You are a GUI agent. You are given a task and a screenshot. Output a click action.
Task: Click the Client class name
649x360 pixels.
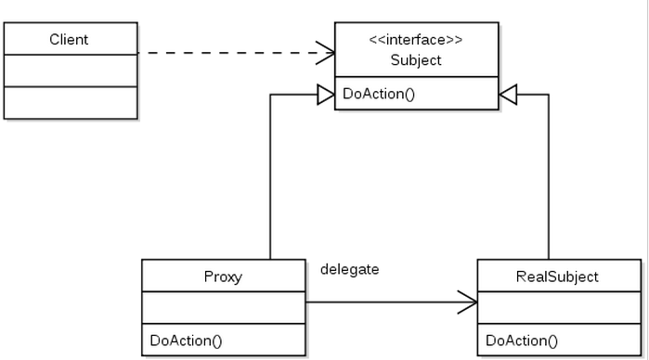(70, 40)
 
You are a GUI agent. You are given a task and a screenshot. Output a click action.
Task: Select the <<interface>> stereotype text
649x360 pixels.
(416, 40)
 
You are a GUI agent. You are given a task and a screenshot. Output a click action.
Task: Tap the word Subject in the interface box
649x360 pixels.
(416, 60)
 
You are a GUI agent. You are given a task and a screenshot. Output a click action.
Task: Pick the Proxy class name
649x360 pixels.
(223, 276)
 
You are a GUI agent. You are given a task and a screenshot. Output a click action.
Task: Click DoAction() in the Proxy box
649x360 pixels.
(186, 340)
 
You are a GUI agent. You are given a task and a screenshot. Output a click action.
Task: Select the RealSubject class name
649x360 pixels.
(557, 276)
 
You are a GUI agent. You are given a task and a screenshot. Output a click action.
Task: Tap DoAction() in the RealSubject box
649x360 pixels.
(522, 340)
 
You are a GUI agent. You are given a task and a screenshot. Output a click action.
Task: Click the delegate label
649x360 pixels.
(349, 269)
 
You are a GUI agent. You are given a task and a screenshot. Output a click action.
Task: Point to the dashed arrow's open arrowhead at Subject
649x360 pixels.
(327, 52)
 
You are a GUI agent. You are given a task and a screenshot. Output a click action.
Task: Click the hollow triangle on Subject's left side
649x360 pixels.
(325, 94)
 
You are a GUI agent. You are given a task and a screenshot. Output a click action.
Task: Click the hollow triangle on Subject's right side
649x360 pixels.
(508, 94)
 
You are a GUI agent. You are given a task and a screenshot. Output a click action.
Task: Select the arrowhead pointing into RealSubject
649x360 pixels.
(467, 302)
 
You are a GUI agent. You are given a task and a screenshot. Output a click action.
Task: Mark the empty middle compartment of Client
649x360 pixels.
(70, 71)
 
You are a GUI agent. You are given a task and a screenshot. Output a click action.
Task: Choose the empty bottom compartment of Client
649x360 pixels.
(70, 102)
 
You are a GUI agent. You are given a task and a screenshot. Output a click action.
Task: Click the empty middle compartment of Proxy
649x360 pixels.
(223, 307)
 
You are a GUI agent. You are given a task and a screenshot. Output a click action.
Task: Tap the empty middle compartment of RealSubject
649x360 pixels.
(557, 307)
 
